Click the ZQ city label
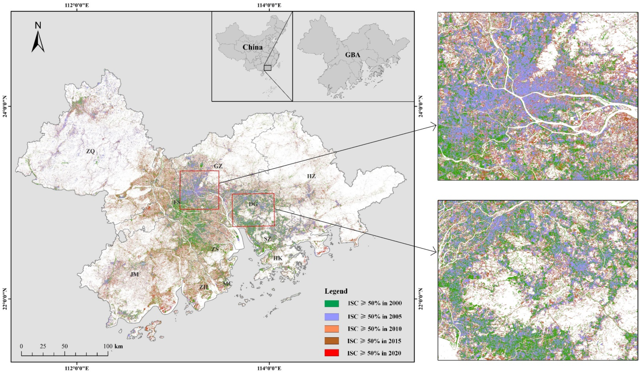pos(90,151)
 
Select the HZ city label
pos(311,176)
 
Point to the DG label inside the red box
pos(253,204)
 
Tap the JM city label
pos(134,274)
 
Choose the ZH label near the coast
pos(204,287)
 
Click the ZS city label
pos(215,249)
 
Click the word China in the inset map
pos(253,47)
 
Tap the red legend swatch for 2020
pos(332,353)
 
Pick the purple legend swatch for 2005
pos(332,317)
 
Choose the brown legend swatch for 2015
pos(332,341)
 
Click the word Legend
pos(336,291)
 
